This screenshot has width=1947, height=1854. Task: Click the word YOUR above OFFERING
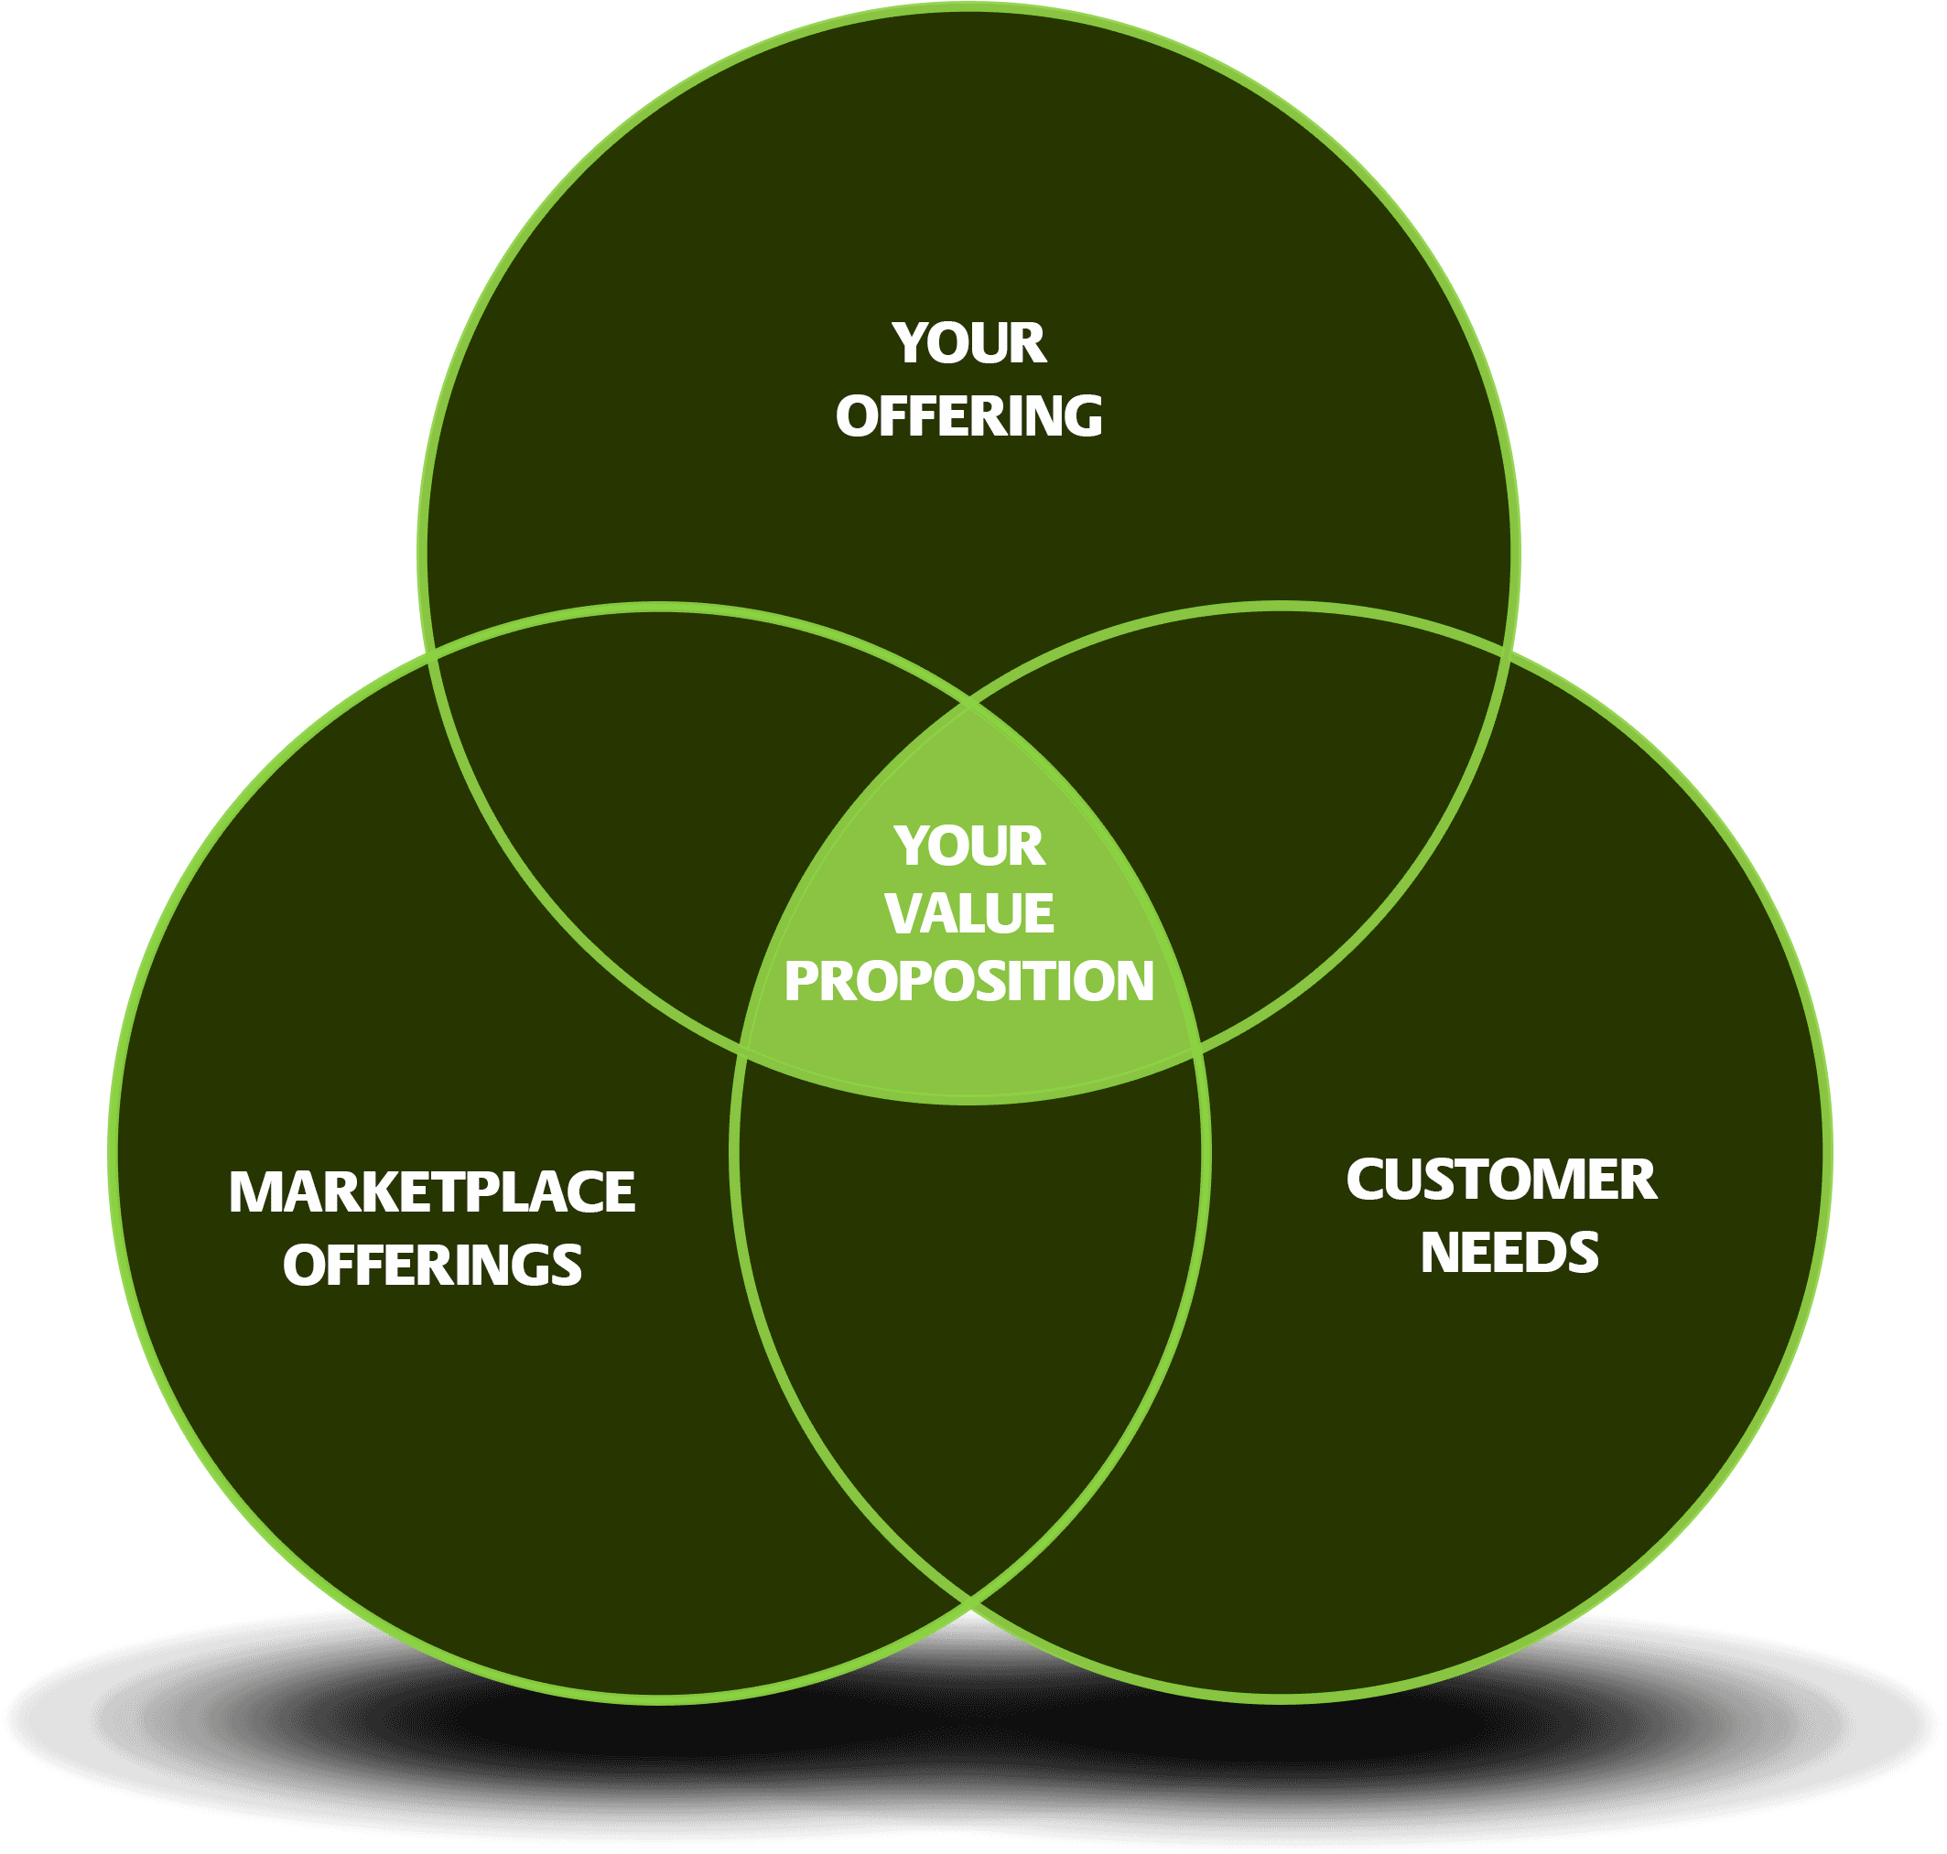point(968,343)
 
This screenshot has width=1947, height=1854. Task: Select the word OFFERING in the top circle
point(968,416)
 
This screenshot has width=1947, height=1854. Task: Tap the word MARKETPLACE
point(432,1191)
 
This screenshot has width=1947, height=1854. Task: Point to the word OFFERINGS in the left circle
point(432,1266)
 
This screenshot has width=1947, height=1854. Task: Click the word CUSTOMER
point(1501,1180)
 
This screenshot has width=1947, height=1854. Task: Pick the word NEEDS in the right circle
point(1509,1253)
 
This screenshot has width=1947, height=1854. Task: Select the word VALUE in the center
point(968,913)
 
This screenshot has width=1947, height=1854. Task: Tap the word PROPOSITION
point(968,981)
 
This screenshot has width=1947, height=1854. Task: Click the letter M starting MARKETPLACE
point(251,1191)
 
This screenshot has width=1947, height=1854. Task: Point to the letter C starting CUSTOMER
point(1366,1180)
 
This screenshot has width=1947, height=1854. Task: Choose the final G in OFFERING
point(1083,416)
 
